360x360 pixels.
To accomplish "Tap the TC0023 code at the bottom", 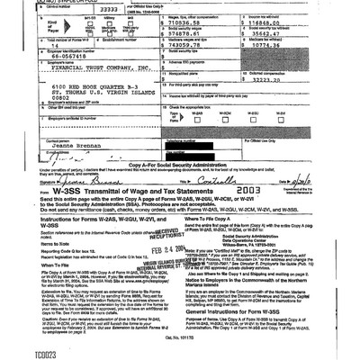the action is click(19, 354).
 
